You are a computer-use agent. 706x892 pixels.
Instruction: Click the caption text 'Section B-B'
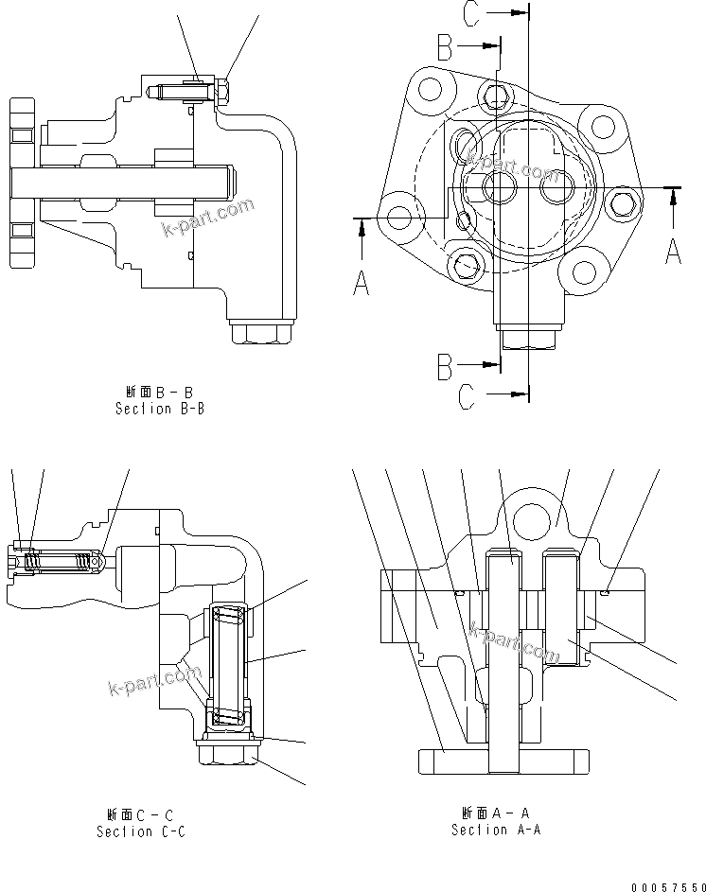click(x=159, y=409)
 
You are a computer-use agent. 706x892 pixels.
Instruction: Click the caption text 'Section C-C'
click(x=140, y=831)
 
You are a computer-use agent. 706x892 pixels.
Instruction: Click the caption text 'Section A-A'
click(x=495, y=830)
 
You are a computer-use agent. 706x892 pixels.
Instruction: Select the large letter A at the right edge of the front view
click(x=673, y=251)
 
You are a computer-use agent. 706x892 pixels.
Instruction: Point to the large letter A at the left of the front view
click(x=361, y=281)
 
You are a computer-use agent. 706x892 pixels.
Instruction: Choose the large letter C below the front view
click(x=467, y=398)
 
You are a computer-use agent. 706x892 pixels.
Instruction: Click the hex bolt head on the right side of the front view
click(x=622, y=201)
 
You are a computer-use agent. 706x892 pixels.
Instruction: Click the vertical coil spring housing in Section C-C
click(x=230, y=668)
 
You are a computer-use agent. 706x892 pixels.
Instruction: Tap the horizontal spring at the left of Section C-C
click(x=62, y=563)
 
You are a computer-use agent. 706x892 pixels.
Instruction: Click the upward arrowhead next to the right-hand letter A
click(x=673, y=195)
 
